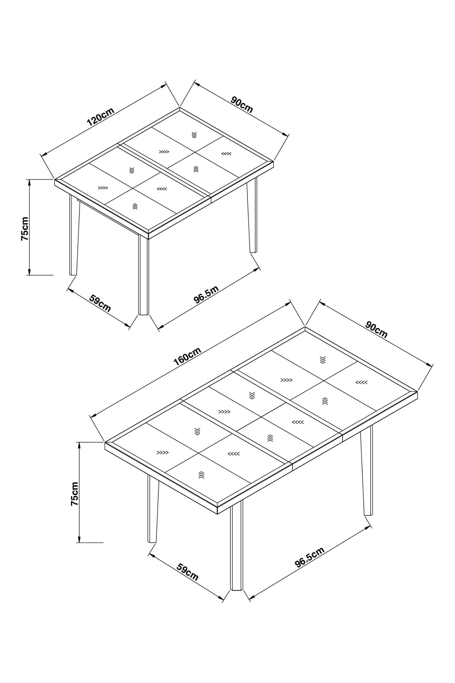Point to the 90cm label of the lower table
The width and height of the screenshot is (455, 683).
coord(376,330)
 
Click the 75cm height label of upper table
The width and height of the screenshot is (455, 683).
coord(25,228)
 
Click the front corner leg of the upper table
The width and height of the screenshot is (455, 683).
coord(143,274)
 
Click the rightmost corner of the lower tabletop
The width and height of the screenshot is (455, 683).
coord(417,391)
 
